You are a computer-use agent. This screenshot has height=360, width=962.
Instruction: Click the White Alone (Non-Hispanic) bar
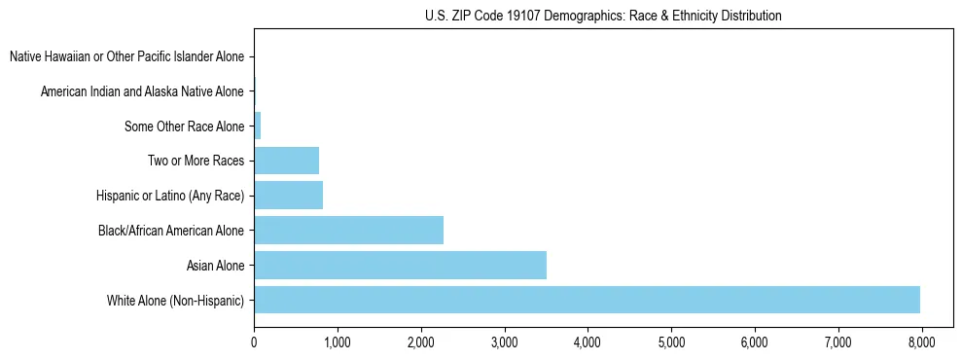(587, 300)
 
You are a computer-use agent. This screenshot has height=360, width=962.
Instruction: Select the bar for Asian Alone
(400, 265)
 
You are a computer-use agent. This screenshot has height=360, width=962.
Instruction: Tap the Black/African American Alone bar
(348, 230)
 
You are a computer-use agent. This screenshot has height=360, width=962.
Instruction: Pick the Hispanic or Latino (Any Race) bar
(288, 196)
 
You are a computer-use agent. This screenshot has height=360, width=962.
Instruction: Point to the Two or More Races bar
(286, 161)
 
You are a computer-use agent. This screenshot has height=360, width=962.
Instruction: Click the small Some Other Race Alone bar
(258, 126)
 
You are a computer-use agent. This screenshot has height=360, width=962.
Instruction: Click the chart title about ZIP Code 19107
(603, 16)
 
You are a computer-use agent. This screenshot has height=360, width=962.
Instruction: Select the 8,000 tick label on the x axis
(921, 342)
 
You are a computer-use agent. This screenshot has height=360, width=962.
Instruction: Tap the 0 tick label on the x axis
(254, 342)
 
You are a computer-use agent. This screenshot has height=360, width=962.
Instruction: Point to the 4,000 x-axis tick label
(588, 342)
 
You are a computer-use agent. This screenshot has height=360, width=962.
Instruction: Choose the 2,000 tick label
(420, 342)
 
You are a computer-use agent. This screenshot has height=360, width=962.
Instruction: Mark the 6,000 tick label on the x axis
(755, 342)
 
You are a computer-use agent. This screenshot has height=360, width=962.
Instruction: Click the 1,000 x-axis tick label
(338, 342)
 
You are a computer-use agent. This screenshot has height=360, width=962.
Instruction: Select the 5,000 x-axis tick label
(671, 342)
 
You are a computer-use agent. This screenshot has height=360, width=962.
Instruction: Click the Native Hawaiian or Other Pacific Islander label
(126, 56)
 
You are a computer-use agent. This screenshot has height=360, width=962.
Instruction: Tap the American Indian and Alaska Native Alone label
(142, 91)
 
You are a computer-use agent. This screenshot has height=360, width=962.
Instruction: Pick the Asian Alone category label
(215, 266)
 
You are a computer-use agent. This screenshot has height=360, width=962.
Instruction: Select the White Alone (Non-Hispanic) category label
(175, 300)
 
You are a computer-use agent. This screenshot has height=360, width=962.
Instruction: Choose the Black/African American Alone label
(171, 231)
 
